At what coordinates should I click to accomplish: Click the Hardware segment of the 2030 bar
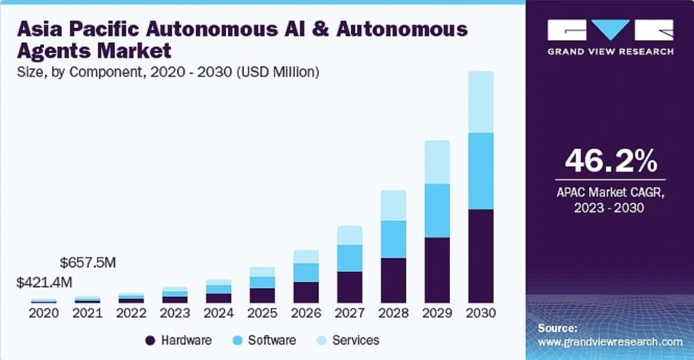click(x=480, y=256)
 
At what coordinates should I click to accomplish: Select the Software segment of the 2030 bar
click(x=480, y=171)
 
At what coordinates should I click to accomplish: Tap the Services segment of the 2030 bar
click(x=480, y=102)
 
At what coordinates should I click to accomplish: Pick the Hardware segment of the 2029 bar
click(x=436, y=270)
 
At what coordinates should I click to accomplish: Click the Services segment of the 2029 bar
click(x=436, y=162)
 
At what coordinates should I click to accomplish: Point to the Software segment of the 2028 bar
click(x=393, y=239)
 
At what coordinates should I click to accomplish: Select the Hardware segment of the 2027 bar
click(x=350, y=287)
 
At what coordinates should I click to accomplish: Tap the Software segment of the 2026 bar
click(x=306, y=273)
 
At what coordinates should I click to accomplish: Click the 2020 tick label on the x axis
click(x=44, y=313)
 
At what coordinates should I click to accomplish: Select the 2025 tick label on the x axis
click(x=262, y=313)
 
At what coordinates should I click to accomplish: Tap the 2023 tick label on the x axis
click(x=175, y=313)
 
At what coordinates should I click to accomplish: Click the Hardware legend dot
click(x=150, y=340)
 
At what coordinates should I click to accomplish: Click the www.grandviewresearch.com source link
click(x=609, y=342)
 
